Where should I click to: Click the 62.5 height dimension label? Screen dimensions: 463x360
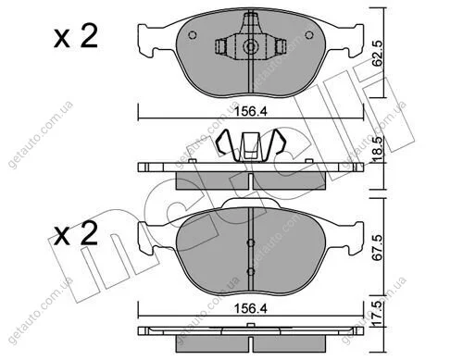point(377,53)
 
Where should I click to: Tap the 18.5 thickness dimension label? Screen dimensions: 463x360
point(377,149)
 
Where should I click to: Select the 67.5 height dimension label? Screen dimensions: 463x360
point(377,248)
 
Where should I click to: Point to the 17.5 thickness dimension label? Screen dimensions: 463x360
point(377,314)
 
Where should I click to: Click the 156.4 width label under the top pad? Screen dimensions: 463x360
point(251,112)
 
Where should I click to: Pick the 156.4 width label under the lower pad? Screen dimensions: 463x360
point(251,308)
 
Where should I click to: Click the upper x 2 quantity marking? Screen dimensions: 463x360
point(76,36)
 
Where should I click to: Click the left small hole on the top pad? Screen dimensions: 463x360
point(193,35)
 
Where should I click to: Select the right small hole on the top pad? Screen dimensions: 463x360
point(309,35)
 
